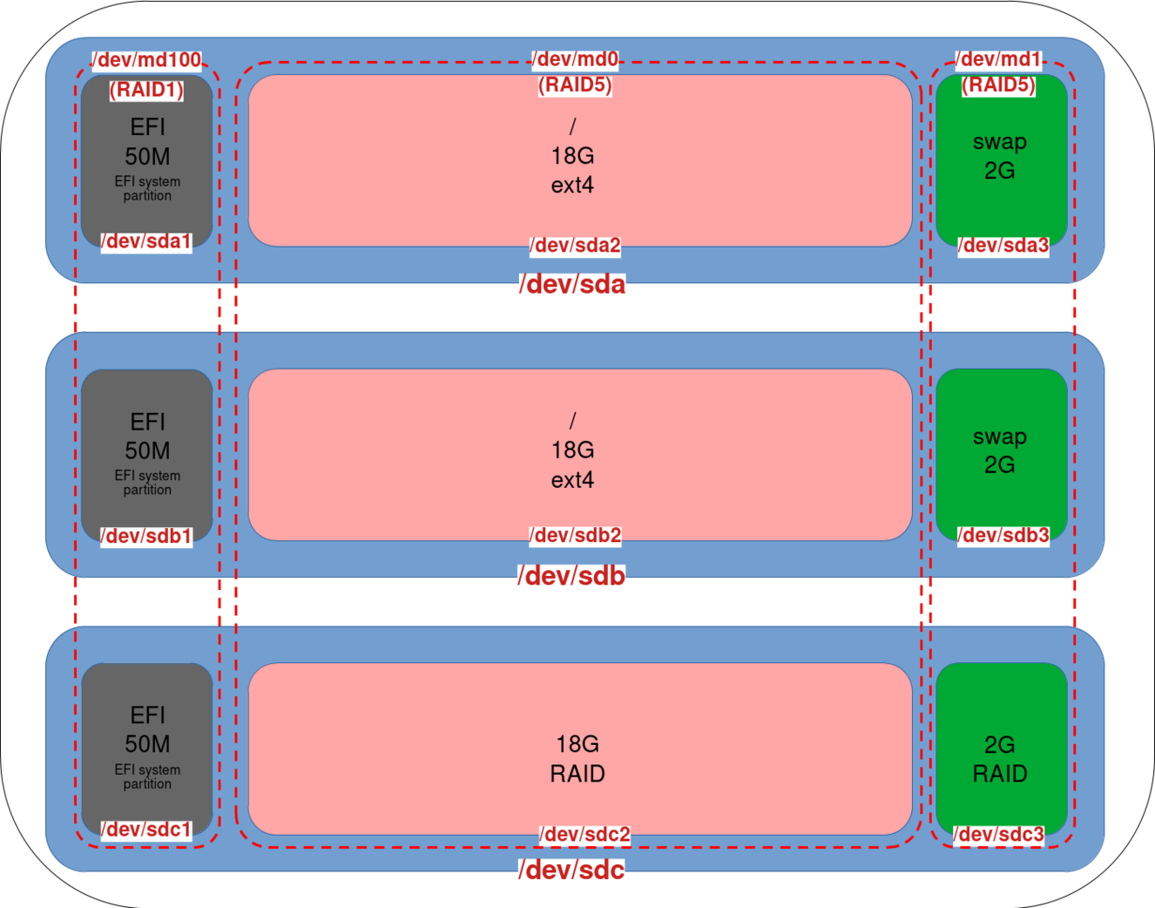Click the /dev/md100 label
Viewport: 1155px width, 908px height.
pyautogui.click(x=147, y=60)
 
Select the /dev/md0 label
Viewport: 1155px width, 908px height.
pyautogui.click(x=576, y=59)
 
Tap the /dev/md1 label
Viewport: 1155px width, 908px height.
pyautogui.click(x=999, y=59)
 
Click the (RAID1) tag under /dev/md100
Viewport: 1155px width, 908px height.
pyautogui.click(x=146, y=89)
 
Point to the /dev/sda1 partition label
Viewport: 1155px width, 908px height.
pyautogui.click(x=145, y=241)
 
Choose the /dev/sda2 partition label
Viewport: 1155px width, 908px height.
pyautogui.click(x=575, y=246)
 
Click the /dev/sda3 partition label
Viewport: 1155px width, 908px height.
pyautogui.click(x=1003, y=246)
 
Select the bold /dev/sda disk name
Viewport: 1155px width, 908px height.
pyautogui.click(x=572, y=285)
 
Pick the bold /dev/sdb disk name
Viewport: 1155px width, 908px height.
pyautogui.click(x=571, y=576)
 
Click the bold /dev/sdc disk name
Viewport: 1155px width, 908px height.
pyautogui.click(x=571, y=870)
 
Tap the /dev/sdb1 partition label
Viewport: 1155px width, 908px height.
pyautogui.click(x=145, y=536)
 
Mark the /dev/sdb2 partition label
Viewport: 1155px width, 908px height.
pyautogui.click(x=575, y=535)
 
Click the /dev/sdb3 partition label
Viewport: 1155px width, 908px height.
pyautogui.click(x=1003, y=535)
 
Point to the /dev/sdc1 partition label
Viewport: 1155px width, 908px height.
pyautogui.click(x=145, y=830)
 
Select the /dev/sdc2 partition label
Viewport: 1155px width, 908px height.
pyautogui.click(x=584, y=835)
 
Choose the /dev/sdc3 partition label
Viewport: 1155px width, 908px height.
pyautogui.click(x=998, y=835)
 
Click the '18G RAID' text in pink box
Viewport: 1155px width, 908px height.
pyautogui.click(x=577, y=759)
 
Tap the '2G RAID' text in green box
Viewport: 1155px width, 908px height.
pyautogui.click(x=1000, y=759)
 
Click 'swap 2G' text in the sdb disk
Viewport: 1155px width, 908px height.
pyautogui.click(x=1000, y=451)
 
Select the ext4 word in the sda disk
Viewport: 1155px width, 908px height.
pyautogui.click(x=572, y=186)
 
